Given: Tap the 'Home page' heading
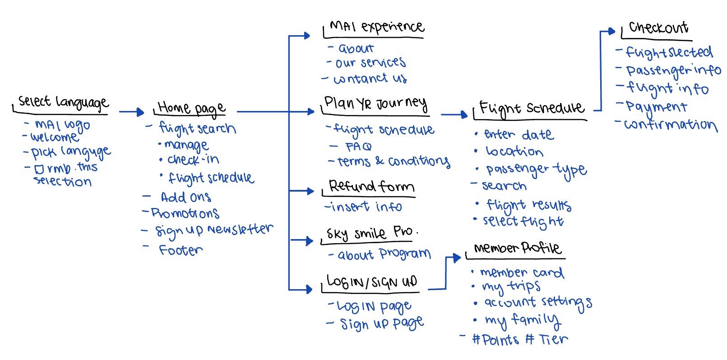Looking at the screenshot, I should tap(191, 108).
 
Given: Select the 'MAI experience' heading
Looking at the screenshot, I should tap(376, 27).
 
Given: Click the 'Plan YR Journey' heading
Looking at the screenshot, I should tap(375, 104).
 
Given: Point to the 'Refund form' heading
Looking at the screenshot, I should tap(371, 186).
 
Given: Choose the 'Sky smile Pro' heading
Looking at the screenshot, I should tap(370, 233).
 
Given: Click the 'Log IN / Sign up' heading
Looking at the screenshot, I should tap(372, 282).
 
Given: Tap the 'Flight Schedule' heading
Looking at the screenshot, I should tap(532, 108).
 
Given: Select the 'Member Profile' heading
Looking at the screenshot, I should tap(517, 248).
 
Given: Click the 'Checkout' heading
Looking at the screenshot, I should tap(658, 28).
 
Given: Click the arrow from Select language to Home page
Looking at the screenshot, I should tap(131, 111).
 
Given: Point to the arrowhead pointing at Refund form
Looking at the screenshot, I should tap(310, 191).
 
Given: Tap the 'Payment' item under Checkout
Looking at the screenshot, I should tap(657, 107).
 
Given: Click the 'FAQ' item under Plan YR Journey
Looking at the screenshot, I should tap(358, 147).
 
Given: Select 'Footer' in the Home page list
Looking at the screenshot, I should tap(181, 250).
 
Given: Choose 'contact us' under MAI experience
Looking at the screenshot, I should tap(370, 79).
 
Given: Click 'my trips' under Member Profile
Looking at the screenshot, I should tap(511, 286).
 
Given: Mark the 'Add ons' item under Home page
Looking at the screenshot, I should tap(186, 197).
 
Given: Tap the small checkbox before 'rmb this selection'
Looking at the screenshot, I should tap(39, 169).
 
